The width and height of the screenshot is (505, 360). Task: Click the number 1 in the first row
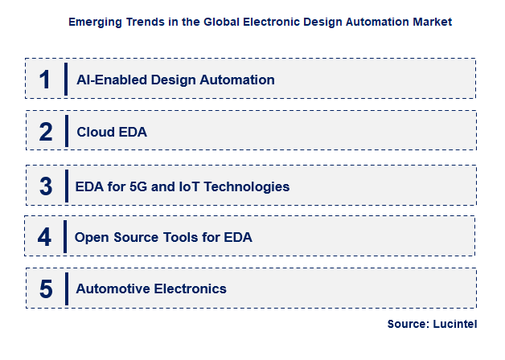[x=46, y=80]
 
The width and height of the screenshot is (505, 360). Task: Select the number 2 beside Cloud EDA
[x=46, y=132]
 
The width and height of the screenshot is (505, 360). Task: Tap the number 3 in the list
[x=46, y=186]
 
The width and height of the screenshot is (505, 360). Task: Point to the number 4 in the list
[x=45, y=237]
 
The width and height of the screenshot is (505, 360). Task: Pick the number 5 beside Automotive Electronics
[x=46, y=288]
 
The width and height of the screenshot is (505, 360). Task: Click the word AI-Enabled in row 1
[x=109, y=80]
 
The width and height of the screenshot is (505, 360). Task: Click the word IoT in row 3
[x=192, y=186]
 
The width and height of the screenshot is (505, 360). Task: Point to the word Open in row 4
[x=91, y=237]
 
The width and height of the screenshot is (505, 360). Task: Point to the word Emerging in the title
[x=96, y=22]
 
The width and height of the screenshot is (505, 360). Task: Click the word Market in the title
[x=432, y=22]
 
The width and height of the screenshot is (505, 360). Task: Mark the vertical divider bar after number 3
[x=66, y=186]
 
